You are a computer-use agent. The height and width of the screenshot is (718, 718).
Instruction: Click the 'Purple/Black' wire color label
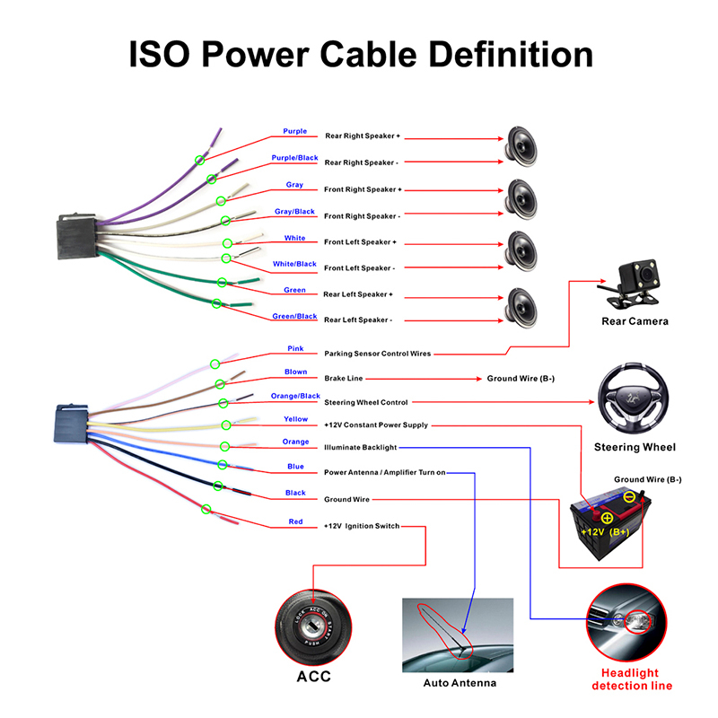click(x=295, y=158)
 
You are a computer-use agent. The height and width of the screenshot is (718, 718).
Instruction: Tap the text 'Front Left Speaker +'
click(x=361, y=242)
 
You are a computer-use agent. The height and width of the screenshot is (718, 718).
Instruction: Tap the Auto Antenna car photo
click(x=458, y=635)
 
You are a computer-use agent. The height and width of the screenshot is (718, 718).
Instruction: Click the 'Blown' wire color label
click(x=295, y=372)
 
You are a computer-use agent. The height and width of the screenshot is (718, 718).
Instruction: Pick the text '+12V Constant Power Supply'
click(x=376, y=425)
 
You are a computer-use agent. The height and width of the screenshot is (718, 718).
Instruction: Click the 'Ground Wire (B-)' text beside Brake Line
click(x=521, y=379)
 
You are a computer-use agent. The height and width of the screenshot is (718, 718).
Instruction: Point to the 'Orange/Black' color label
click(x=295, y=396)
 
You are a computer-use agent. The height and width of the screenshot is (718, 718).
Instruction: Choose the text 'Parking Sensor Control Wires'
click(x=377, y=354)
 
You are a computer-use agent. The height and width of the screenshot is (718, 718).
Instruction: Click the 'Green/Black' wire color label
click(x=295, y=316)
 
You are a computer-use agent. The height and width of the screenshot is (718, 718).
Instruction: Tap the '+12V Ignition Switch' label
click(x=361, y=526)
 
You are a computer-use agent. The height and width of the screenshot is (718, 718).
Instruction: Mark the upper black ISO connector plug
click(x=76, y=236)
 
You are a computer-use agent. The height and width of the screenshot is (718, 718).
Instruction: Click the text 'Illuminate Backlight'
click(x=360, y=446)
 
